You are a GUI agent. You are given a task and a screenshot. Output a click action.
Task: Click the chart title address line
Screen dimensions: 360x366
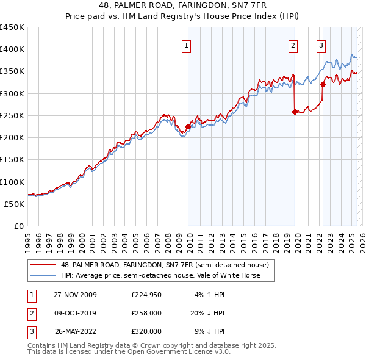[x=182, y=5]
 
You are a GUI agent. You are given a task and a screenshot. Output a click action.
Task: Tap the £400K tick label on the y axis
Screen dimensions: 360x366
[x=12, y=49]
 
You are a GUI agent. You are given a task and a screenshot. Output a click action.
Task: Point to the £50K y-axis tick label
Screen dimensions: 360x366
[x=14, y=204]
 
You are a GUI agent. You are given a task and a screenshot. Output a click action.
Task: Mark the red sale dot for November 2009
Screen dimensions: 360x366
[x=188, y=127]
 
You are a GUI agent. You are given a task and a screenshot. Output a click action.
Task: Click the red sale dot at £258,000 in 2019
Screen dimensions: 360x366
[x=295, y=112]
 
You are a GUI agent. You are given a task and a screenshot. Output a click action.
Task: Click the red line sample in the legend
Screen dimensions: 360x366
[x=43, y=265]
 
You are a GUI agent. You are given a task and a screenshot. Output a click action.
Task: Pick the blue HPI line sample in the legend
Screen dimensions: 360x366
[x=43, y=275]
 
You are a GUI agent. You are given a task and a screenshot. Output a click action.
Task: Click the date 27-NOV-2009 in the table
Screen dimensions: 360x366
[x=75, y=295]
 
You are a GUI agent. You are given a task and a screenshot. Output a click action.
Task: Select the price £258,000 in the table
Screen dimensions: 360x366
[x=146, y=313]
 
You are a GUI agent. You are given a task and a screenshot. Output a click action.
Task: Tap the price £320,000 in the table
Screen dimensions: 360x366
[x=146, y=331]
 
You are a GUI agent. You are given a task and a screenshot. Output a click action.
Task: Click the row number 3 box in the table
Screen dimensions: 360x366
[x=30, y=331]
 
